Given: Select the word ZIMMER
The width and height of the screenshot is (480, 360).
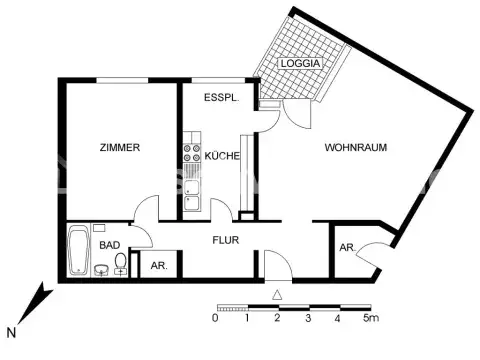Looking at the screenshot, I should pos(119,148).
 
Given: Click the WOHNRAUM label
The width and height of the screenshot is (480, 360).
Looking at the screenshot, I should pos(355,148).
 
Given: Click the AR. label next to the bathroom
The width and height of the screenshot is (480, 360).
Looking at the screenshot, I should pos(157,266).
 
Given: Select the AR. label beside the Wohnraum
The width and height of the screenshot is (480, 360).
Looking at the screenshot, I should pos(347,247).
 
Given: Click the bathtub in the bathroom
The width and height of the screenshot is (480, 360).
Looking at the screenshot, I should pos(77,250).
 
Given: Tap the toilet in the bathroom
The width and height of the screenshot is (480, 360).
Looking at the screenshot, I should pos(121,263).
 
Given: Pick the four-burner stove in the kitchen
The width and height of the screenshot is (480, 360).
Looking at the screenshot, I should pos(190,156).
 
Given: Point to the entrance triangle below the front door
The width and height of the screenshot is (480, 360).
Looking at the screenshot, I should pos(277,294).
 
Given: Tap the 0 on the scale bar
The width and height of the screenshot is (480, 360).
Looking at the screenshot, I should pos(215,319).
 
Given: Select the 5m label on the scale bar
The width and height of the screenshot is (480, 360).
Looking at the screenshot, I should pos(371,319).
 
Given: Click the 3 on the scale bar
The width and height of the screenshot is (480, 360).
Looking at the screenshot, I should pos(308,319).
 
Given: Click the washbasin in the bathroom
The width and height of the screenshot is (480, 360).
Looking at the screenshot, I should pos(101,269).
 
